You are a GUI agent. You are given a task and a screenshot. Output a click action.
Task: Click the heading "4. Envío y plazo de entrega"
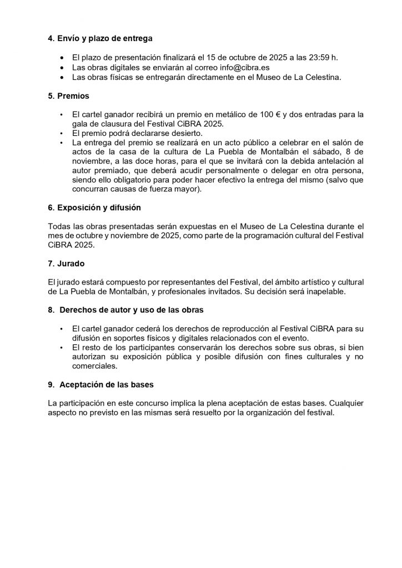click(x=100, y=39)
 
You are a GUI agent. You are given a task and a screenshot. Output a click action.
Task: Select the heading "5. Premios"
click(x=69, y=96)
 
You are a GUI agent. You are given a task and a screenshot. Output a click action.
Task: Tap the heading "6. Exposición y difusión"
click(x=94, y=207)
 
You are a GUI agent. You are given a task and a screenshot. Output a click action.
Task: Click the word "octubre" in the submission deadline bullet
click(x=234, y=58)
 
